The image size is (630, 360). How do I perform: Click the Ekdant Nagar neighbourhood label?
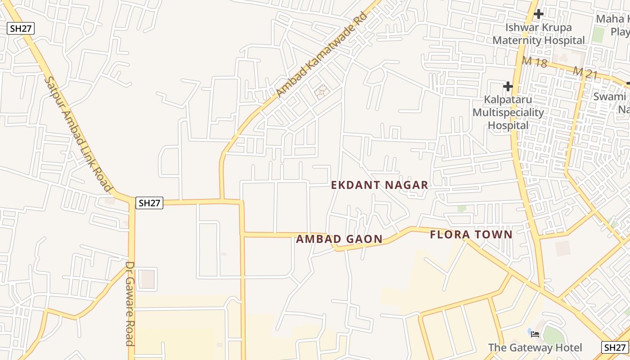(380, 185)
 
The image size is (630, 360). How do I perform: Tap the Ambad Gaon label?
(339, 239)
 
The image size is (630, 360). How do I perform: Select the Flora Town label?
(471, 234)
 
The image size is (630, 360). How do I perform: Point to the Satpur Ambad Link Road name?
(77, 134)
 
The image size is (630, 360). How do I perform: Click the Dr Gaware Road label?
(130, 304)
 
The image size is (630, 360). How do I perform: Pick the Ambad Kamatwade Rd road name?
(322, 55)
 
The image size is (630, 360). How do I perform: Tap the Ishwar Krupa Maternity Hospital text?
(538, 34)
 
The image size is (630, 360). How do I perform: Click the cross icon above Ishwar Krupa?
(538, 14)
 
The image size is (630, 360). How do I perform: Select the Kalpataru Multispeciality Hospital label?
(508, 112)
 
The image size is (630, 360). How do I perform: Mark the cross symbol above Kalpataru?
(508, 86)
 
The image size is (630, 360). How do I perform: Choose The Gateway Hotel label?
(535, 348)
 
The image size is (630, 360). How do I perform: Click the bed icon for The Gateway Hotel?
(535, 334)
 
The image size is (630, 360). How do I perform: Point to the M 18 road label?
(535, 62)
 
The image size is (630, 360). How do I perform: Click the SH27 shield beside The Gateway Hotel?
(615, 347)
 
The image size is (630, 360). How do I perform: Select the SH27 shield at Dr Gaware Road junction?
(149, 203)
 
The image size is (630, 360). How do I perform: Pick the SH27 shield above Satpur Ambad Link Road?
(21, 29)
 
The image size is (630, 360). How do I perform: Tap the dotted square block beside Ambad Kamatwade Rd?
(322, 92)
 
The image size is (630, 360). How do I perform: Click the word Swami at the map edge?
(609, 96)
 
